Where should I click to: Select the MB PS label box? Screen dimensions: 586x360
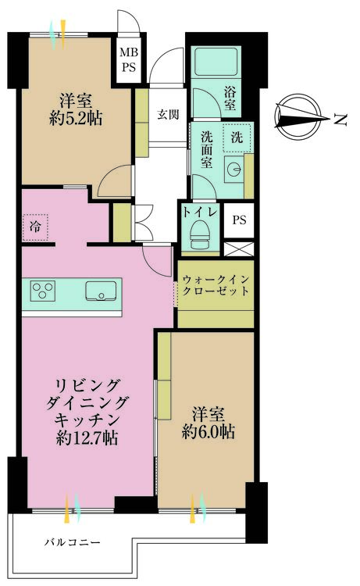127,60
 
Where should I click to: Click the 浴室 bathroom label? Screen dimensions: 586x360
231,96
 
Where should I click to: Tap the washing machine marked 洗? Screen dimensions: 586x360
237,136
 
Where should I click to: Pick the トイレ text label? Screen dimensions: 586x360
200,212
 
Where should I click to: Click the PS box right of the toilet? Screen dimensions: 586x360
238,220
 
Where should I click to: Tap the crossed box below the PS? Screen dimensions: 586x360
239,250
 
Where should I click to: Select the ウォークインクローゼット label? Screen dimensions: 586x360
216,285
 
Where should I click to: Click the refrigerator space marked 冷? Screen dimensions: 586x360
36,227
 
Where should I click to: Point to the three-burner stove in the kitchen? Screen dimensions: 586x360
42,291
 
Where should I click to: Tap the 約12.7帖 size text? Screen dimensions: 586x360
87,438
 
